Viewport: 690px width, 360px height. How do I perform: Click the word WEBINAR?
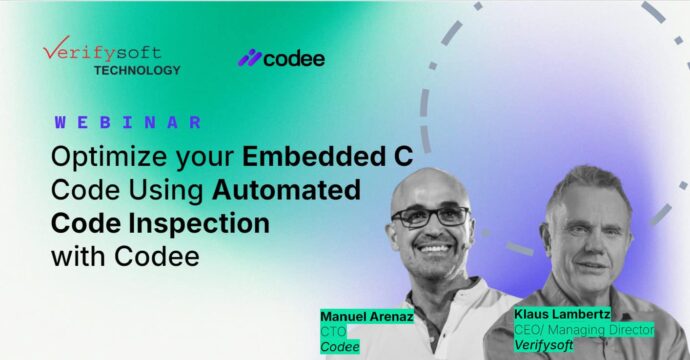pyautogui.click(x=128, y=122)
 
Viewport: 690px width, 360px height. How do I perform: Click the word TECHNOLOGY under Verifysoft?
pyautogui.click(x=137, y=70)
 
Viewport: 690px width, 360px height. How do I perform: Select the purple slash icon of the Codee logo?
pyautogui.click(x=250, y=58)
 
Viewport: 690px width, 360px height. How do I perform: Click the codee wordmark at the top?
pyautogui.click(x=294, y=59)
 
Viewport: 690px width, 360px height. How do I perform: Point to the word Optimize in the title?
pyautogui.click(x=109, y=157)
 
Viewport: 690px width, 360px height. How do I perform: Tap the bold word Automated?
pyautogui.click(x=286, y=190)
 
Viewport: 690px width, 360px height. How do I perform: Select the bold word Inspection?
pyautogui.click(x=199, y=224)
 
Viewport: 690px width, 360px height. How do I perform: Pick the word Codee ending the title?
pyautogui.click(x=157, y=256)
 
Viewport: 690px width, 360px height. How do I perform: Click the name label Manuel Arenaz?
pyautogui.click(x=367, y=316)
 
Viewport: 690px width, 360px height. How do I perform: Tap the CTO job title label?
pyautogui.click(x=333, y=331)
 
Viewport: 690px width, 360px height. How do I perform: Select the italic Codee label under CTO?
pyautogui.click(x=340, y=347)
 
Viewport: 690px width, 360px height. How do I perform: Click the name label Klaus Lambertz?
pyautogui.click(x=562, y=314)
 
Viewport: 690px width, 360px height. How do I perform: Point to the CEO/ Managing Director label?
pyautogui.click(x=584, y=329)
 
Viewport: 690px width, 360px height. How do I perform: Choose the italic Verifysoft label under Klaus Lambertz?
pyautogui.click(x=544, y=345)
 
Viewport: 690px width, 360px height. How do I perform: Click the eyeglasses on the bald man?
pyautogui.click(x=431, y=217)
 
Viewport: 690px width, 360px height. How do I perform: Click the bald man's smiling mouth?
pyautogui.click(x=434, y=248)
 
